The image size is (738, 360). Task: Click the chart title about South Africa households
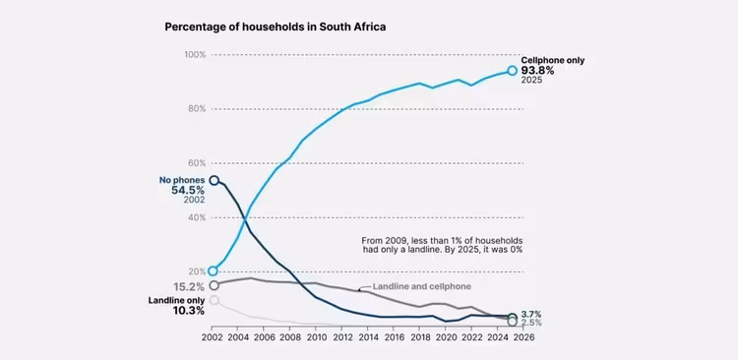276,27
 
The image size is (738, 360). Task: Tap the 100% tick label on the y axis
195,54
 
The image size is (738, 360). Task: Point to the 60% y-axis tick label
197,163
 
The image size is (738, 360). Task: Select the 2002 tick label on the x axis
212,337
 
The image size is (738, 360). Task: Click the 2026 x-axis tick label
524,337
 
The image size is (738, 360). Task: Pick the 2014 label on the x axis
368,337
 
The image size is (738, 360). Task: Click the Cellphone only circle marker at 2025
512,71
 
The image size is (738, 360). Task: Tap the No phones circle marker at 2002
214,180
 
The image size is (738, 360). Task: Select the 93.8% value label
537,71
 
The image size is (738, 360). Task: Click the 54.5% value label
188,191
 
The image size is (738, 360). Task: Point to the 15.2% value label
188,286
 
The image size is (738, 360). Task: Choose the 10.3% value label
188,311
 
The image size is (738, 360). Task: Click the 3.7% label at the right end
531,314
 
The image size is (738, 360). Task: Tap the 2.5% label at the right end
531,323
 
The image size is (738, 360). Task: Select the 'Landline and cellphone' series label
422,286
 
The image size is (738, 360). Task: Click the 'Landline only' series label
176,300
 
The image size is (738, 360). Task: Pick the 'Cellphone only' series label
553,60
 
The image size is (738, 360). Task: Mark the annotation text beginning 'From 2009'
443,245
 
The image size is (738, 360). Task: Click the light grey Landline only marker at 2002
214,300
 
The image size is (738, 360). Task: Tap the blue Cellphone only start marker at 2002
213,271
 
